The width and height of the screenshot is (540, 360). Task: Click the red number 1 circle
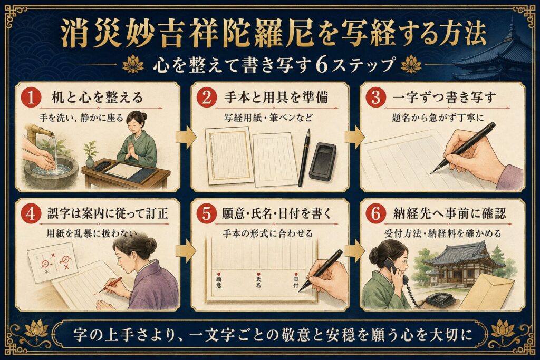coord(31,98)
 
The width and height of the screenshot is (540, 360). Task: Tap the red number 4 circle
coord(31,214)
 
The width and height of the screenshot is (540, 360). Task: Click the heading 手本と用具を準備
coord(276,98)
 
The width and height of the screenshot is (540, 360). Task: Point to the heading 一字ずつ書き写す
coord(445,98)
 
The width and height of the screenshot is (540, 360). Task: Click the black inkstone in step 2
coord(322,161)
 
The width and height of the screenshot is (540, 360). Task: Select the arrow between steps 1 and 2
coord(186,137)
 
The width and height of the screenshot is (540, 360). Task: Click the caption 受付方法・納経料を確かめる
coord(443,233)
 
